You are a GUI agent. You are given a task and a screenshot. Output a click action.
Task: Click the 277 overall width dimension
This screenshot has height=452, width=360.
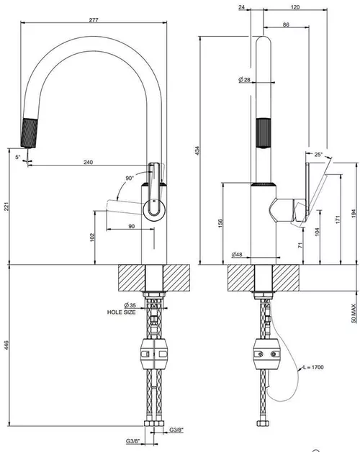(94, 20)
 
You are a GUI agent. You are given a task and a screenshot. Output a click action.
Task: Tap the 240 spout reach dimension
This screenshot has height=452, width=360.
(89, 162)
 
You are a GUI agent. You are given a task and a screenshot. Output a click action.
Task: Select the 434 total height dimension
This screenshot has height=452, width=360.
(197, 150)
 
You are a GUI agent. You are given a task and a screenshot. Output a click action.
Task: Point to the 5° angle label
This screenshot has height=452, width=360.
(18, 157)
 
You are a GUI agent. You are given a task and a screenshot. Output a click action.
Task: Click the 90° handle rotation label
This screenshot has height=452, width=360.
(130, 178)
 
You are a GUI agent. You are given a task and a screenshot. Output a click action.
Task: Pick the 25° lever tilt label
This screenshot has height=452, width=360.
(318, 154)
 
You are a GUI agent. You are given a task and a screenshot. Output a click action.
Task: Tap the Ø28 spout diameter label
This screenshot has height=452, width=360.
(244, 80)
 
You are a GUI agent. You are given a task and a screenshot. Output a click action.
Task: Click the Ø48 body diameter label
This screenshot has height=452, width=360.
(237, 254)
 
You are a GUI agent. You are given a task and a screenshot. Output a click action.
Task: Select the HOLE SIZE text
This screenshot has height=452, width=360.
(121, 312)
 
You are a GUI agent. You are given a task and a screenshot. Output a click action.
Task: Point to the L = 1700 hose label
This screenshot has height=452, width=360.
(313, 367)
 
